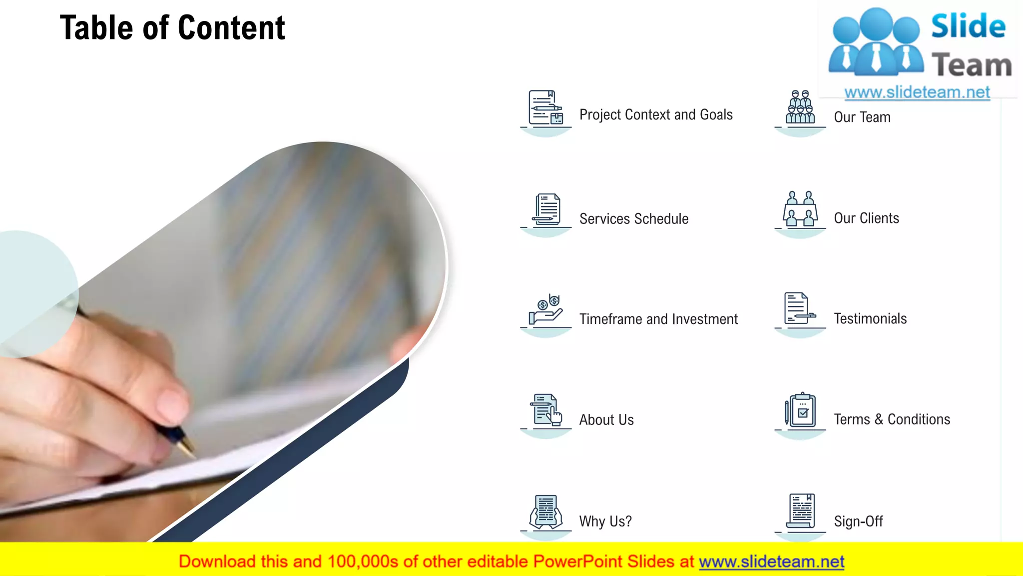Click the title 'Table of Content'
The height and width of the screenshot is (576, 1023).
tap(172, 27)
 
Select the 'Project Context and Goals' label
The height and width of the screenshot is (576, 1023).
tap(656, 115)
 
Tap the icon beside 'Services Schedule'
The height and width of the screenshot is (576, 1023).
tap(546, 210)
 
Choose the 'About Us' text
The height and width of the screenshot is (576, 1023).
tap(606, 420)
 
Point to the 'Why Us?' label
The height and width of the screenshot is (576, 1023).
tap(605, 521)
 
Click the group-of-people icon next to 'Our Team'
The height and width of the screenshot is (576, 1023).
tap(800, 107)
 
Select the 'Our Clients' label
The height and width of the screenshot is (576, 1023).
tap(866, 218)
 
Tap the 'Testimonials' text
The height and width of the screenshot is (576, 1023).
tap(870, 319)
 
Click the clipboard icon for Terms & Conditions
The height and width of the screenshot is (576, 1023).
tap(801, 410)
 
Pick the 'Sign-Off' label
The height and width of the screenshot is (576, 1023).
tap(858, 521)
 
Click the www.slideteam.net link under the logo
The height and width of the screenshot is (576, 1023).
tap(917, 92)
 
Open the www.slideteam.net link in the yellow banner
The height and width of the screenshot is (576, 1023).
tap(771, 562)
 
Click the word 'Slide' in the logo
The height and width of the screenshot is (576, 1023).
tap(968, 26)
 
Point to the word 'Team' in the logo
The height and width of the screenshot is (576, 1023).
tap(972, 65)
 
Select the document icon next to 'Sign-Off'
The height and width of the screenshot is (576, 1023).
tap(801, 511)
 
